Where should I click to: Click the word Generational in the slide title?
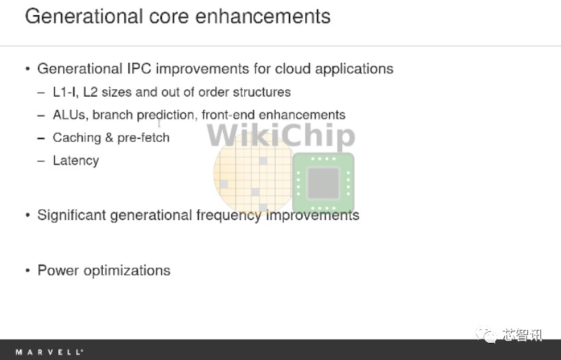pyautogui.click(x=84, y=16)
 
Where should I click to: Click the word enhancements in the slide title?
pyautogui.click(x=263, y=16)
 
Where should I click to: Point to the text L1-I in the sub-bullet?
pyautogui.click(x=65, y=92)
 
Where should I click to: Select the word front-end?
pyautogui.click(x=228, y=115)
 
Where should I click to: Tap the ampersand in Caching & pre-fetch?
pyautogui.click(x=109, y=138)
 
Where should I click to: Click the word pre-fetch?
pyautogui.click(x=143, y=138)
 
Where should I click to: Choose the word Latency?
pyautogui.click(x=76, y=160)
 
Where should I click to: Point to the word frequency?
pyautogui.click(x=228, y=215)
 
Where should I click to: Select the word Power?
pyautogui.click(x=58, y=270)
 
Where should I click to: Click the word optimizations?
pyautogui.click(x=127, y=271)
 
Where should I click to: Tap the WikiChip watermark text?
pyautogui.click(x=281, y=136)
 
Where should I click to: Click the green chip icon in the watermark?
pyautogui.click(x=324, y=183)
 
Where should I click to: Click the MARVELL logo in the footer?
pyautogui.click(x=49, y=352)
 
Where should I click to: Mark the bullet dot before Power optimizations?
pyautogui.click(x=27, y=271)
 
